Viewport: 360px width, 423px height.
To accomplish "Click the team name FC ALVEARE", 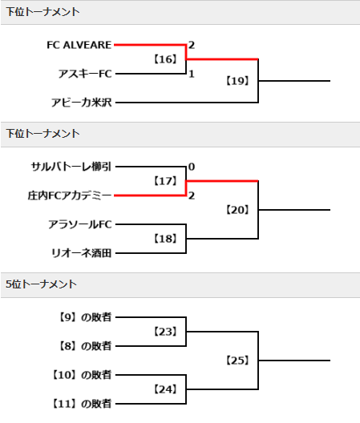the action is pos(79,45).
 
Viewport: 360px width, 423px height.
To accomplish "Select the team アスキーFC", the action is pos(85,74).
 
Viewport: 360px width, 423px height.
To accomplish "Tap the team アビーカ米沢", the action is pos(82,103).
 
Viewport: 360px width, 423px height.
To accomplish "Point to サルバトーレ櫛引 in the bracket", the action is pos(71,167).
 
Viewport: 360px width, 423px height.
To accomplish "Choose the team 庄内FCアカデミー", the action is pos(70,195).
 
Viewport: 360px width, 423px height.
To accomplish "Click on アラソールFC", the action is pos(80,224).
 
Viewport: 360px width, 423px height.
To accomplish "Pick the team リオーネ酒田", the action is pos(82,253).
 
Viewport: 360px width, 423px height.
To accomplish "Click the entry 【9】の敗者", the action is pos(85,317).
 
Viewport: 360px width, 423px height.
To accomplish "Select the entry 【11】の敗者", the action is pos(82,404).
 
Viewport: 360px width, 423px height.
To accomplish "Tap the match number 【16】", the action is pos(165,59).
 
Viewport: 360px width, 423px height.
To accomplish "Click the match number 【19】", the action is pos(237,81).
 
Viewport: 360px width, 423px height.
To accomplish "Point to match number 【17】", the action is pos(165,181).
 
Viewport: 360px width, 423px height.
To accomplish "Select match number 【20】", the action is pos(237,210).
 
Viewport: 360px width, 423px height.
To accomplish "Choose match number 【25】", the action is pos(237,361).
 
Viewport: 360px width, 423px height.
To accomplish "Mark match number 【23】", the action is pos(165,332).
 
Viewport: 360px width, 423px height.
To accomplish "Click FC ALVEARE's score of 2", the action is pos(192,45).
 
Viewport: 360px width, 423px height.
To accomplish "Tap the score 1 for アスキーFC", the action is pos(192,74).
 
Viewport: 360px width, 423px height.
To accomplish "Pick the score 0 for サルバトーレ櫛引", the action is pos(192,167).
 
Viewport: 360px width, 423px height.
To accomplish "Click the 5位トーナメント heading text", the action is pos(42,284).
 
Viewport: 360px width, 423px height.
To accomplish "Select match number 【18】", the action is pos(165,239).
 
